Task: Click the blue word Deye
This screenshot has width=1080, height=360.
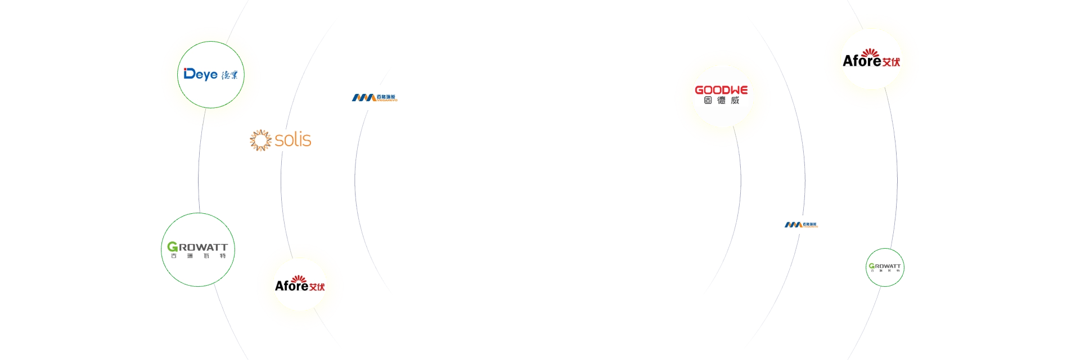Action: pos(200,74)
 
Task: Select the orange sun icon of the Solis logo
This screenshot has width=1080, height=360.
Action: pos(260,140)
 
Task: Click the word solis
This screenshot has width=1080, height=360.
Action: pos(293,139)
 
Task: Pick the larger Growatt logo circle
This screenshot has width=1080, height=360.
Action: pos(198,250)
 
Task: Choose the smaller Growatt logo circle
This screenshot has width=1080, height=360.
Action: pos(884,267)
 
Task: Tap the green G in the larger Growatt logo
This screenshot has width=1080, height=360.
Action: pos(173,247)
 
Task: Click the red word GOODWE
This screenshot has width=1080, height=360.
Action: pos(721,90)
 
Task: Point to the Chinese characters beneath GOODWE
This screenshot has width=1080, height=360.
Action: pos(721,101)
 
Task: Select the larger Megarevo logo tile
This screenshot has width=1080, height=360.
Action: pos(373,97)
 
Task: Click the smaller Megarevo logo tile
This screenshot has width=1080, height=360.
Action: pos(800,223)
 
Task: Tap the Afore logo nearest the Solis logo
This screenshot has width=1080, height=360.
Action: pos(300,286)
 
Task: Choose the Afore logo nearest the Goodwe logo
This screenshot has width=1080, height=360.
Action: pos(871,60)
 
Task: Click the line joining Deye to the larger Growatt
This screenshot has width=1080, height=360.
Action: pos(200,169)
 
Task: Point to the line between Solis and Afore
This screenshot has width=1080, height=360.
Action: pos(281,197)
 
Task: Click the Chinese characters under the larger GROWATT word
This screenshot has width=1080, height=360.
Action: pos(198,256)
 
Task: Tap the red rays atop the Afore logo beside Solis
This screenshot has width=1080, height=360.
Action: pos(299,278)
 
